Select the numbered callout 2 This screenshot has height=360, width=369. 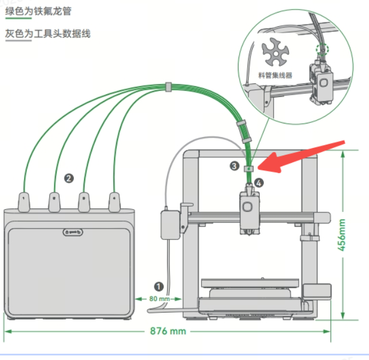(x=69, y=178)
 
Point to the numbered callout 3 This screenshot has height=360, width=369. (x=235, y=166)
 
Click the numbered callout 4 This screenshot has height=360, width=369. (x=260, y=183)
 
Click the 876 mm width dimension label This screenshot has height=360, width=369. (x=168, y=331)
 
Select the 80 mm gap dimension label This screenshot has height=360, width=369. (x=160, y=298)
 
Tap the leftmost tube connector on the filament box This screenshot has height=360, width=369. (x=24, y=201)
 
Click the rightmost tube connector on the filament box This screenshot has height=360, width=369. (x=114, y=201)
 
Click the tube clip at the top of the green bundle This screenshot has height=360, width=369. (x=168, y=87)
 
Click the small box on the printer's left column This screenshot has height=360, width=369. (x=169, y=225)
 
